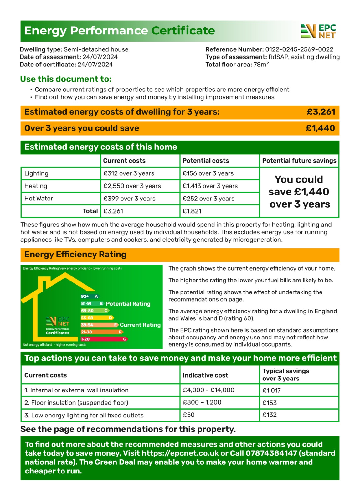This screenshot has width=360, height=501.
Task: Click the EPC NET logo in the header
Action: point(318,31)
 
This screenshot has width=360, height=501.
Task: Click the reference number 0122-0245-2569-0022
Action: point(299,49)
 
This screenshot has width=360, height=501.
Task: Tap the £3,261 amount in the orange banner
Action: point(321,112)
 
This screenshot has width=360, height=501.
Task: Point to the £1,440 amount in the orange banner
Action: point(320,128)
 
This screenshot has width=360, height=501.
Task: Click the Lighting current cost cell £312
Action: point(129,173)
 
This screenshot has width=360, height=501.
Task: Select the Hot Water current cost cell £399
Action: point(129,199)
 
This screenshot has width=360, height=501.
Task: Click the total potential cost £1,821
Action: point(192,211)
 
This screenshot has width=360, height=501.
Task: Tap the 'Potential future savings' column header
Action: point(299,161)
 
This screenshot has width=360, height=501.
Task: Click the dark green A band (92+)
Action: point(90,296)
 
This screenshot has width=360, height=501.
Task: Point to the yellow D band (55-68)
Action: point(97,318)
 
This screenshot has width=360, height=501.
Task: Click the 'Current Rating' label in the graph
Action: point(140,325)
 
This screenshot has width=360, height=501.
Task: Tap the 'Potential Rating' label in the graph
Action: point(128,304)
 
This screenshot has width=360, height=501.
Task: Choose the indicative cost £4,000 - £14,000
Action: point(208,390)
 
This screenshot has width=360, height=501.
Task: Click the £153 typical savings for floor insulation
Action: point(270,403)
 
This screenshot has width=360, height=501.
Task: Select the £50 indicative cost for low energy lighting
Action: point(188,415)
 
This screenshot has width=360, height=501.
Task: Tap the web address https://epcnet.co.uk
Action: point(180,453)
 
